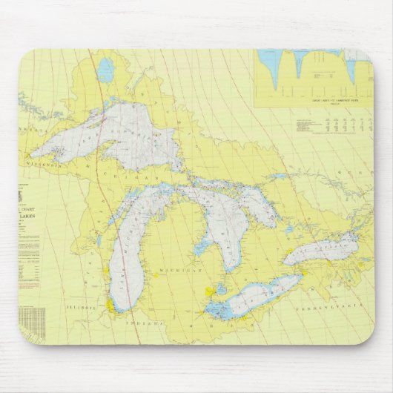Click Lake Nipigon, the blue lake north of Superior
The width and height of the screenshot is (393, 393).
(107, 71)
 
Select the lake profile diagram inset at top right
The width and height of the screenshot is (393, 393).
(311, 74)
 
